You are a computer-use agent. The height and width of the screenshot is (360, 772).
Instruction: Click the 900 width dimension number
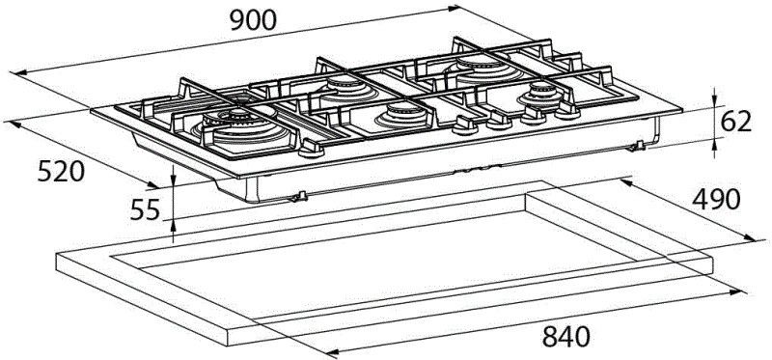[254, 21]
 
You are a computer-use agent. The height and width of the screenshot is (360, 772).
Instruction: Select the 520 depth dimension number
[62, 173]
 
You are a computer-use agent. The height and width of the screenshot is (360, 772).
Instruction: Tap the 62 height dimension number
[735, 122]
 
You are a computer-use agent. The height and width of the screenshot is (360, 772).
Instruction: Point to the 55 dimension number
[146, 210]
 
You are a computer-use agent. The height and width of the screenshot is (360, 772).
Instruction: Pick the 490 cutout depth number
[716, 200]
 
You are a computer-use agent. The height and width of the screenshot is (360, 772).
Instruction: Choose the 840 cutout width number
[565, 338]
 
